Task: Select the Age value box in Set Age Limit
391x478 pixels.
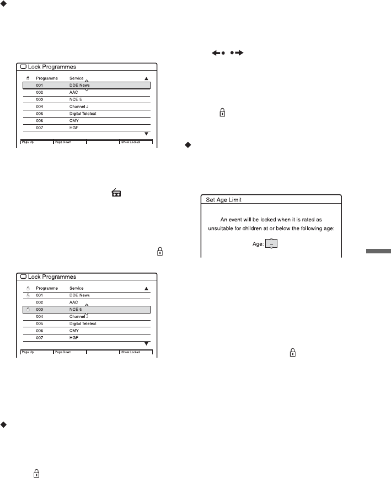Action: [271, 244]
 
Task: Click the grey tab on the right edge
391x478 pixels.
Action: [377, 253]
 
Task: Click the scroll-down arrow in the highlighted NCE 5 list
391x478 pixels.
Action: [146, 343]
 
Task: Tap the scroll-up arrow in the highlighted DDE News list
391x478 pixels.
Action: [146, 79]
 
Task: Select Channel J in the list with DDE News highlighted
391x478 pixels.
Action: [81, 106]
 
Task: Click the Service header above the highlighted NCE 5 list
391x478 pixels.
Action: [77, 288]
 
